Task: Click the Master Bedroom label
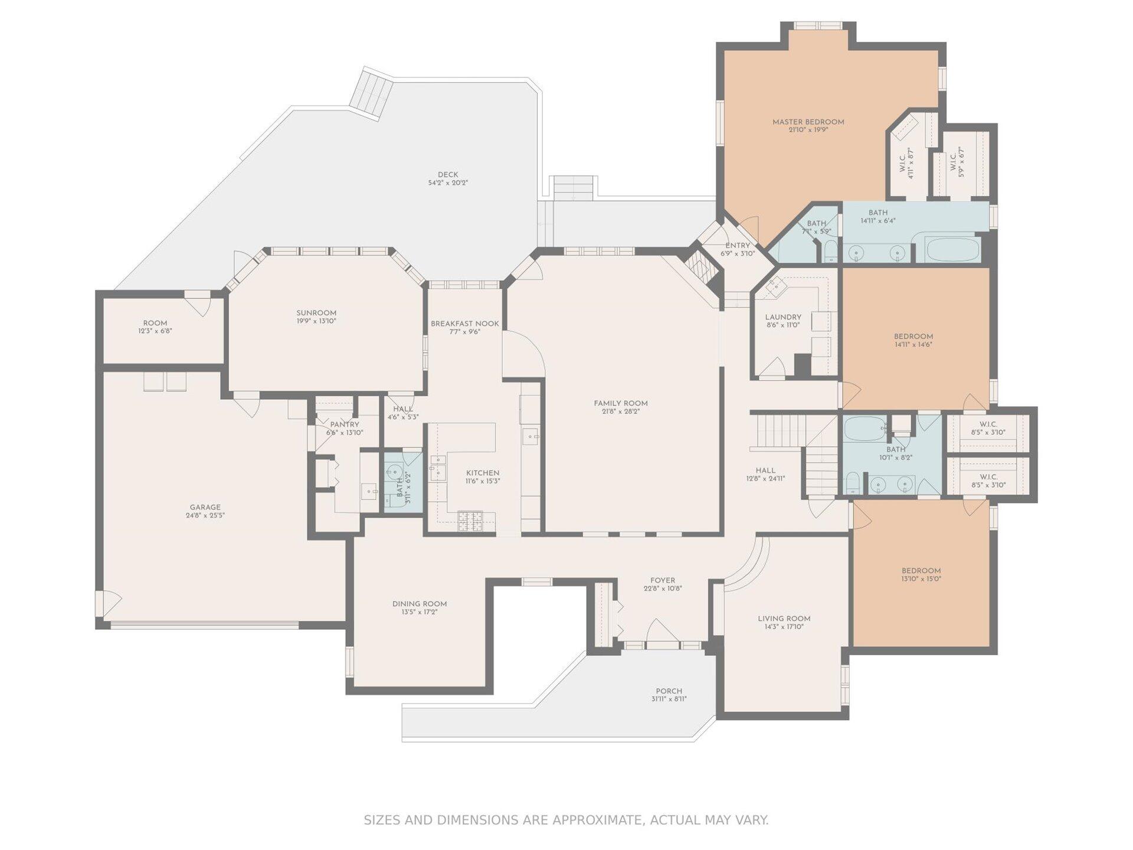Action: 808,122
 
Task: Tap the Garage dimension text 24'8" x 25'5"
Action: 205,515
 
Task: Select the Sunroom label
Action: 316,313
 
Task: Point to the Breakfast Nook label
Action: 464,323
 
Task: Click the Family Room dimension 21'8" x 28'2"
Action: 621,411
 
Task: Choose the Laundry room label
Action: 783,317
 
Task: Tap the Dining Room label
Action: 420,604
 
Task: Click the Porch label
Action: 669,691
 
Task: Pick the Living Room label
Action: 784,619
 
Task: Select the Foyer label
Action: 663,580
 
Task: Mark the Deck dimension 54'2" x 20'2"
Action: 448,183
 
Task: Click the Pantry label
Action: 345,424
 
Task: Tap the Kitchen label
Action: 483,473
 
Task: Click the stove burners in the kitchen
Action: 470,521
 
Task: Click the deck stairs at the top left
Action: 371,94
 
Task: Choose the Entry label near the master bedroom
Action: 738,246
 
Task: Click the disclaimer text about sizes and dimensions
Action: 566,820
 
